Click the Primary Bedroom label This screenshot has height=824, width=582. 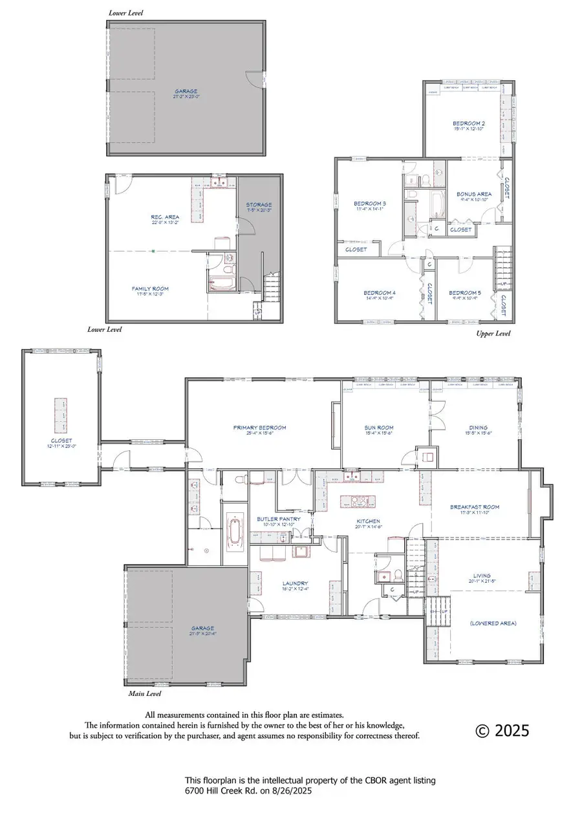(259, 428)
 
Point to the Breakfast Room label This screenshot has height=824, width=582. (475, 507)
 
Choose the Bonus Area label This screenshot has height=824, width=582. (475, 193)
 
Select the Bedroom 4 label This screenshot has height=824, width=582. (380, 292)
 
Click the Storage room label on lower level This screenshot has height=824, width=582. (259, 204)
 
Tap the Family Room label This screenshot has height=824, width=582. (150, 288)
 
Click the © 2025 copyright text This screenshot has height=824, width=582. (502, 731)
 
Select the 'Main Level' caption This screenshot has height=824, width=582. (144, 694)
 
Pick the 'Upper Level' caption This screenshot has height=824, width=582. (493, 334)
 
